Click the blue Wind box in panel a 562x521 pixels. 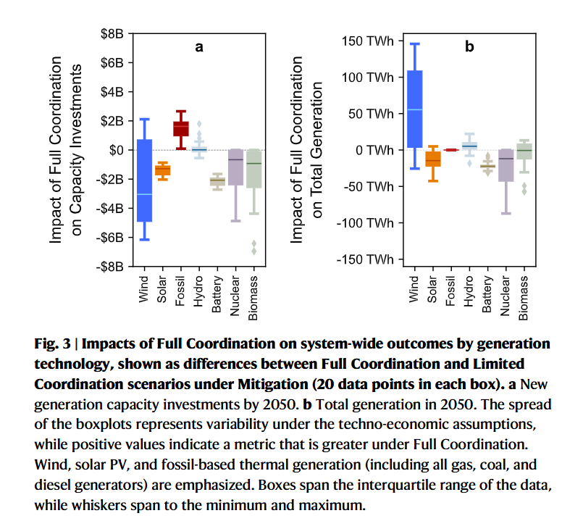[x=145, y=180]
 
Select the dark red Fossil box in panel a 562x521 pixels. [x=181, y=128]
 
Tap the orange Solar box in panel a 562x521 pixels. [x=163, y=170]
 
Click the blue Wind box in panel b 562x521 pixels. [x=414, y=109]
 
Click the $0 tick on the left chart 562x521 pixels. [x=114, y=150]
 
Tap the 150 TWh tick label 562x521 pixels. [x=369, y=41]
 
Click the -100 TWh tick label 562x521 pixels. [x=367, y=222]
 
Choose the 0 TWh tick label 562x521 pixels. [x=374, y=150]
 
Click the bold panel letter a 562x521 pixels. [x=199, y=48]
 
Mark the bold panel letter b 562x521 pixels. [x=469, y=48]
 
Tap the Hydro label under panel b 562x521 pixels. [x=469, y=291]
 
